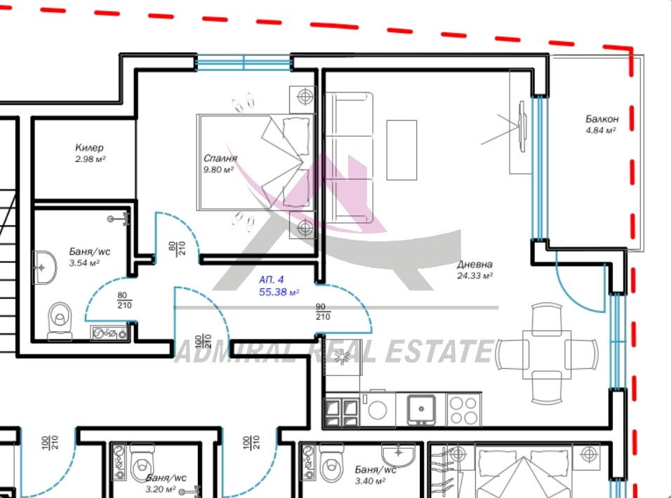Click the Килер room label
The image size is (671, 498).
[89, 148]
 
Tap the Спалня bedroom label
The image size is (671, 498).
[220, 159]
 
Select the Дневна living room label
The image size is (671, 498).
[474, 264]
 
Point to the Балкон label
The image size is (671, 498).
[602, 119]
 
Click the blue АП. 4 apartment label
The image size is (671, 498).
[271, 280]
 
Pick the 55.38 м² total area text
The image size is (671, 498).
[279, 292]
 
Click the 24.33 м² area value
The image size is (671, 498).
[474, 276]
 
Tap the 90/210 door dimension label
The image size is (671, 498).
[323, 312]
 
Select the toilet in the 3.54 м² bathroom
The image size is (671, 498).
[60, 321]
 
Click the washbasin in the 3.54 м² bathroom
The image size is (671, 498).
[44, 268]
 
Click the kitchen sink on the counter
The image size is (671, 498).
[421, 410]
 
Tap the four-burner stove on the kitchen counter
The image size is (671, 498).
[464, 410]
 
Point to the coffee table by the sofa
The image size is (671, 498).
[401, 150]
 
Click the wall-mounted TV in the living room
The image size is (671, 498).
[521, 126]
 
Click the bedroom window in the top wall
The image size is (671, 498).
[244, 63]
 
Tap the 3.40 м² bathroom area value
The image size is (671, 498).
[370, 481]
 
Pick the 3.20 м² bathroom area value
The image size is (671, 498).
[161, 489]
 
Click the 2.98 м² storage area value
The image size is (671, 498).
[90, 159]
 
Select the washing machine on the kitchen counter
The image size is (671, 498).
[378, 410]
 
